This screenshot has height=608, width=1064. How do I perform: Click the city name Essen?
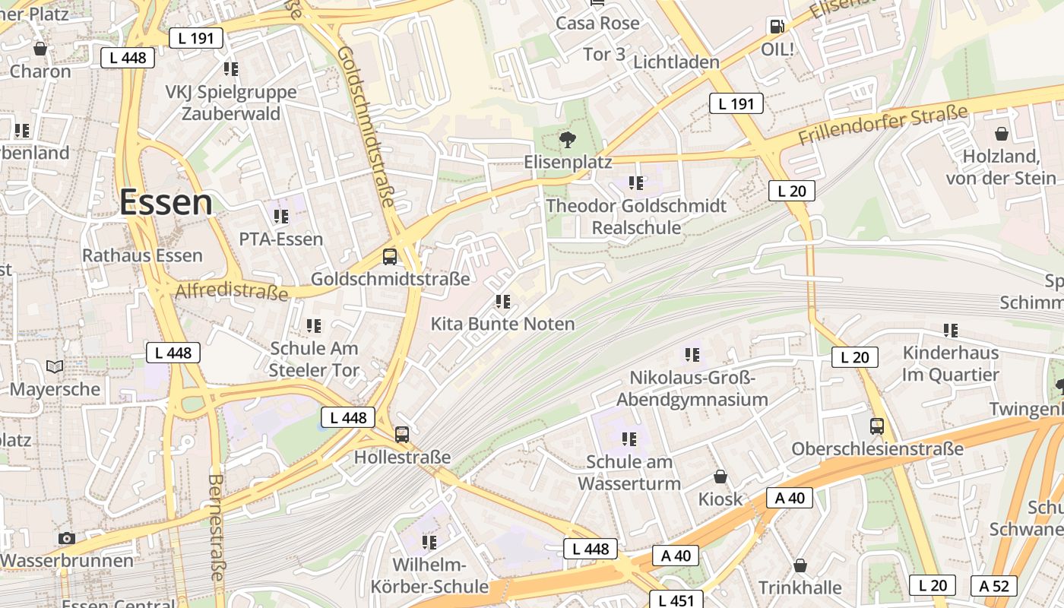coord(166,202)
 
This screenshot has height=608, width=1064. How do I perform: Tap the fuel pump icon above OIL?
coord(777,27)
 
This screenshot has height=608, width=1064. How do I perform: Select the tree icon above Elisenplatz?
coord(567,139)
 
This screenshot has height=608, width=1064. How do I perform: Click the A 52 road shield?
coord(993,585)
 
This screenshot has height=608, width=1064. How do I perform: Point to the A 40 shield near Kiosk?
coord(790,498)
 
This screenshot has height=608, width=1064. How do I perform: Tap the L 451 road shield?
coord(676,600)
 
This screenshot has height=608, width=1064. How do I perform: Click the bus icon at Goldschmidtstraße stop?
coord(390,256)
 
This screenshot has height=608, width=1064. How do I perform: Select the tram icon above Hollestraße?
coord(402,435)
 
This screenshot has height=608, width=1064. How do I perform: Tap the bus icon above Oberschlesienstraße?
coord(877,426)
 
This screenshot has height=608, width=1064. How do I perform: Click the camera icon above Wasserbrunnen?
coord(67,538)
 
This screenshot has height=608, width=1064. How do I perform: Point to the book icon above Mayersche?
coord(55,367)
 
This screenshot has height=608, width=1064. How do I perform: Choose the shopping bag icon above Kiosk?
coord(720,477)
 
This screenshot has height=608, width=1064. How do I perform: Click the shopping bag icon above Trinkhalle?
coord(800,565)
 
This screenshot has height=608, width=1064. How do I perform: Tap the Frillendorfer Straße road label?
coord(883,125)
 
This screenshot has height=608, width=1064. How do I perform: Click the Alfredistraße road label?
coord(232,291)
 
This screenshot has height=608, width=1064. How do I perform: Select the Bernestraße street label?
coord(216,527)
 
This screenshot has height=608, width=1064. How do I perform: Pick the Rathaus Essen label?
coord(142,255)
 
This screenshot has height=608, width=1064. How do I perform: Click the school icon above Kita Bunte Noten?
coord(502,302)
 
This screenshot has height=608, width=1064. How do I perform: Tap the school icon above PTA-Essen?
coord(281,217)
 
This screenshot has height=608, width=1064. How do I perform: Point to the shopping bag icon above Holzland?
coord(1002,134)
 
